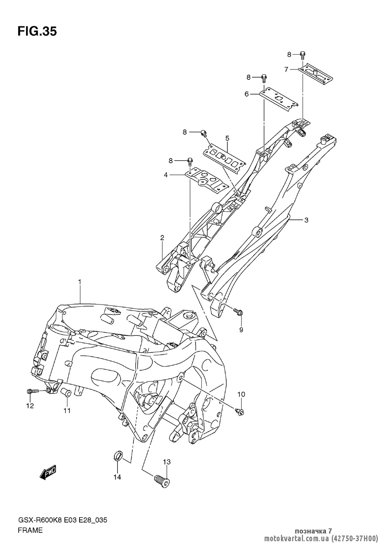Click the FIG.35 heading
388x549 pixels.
tap(37, 31)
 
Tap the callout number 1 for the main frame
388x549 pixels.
tap(79, 282)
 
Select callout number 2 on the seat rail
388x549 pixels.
tap(162, 238)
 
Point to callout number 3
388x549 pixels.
tap(306, 220)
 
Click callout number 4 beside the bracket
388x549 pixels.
tap(166, 175)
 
